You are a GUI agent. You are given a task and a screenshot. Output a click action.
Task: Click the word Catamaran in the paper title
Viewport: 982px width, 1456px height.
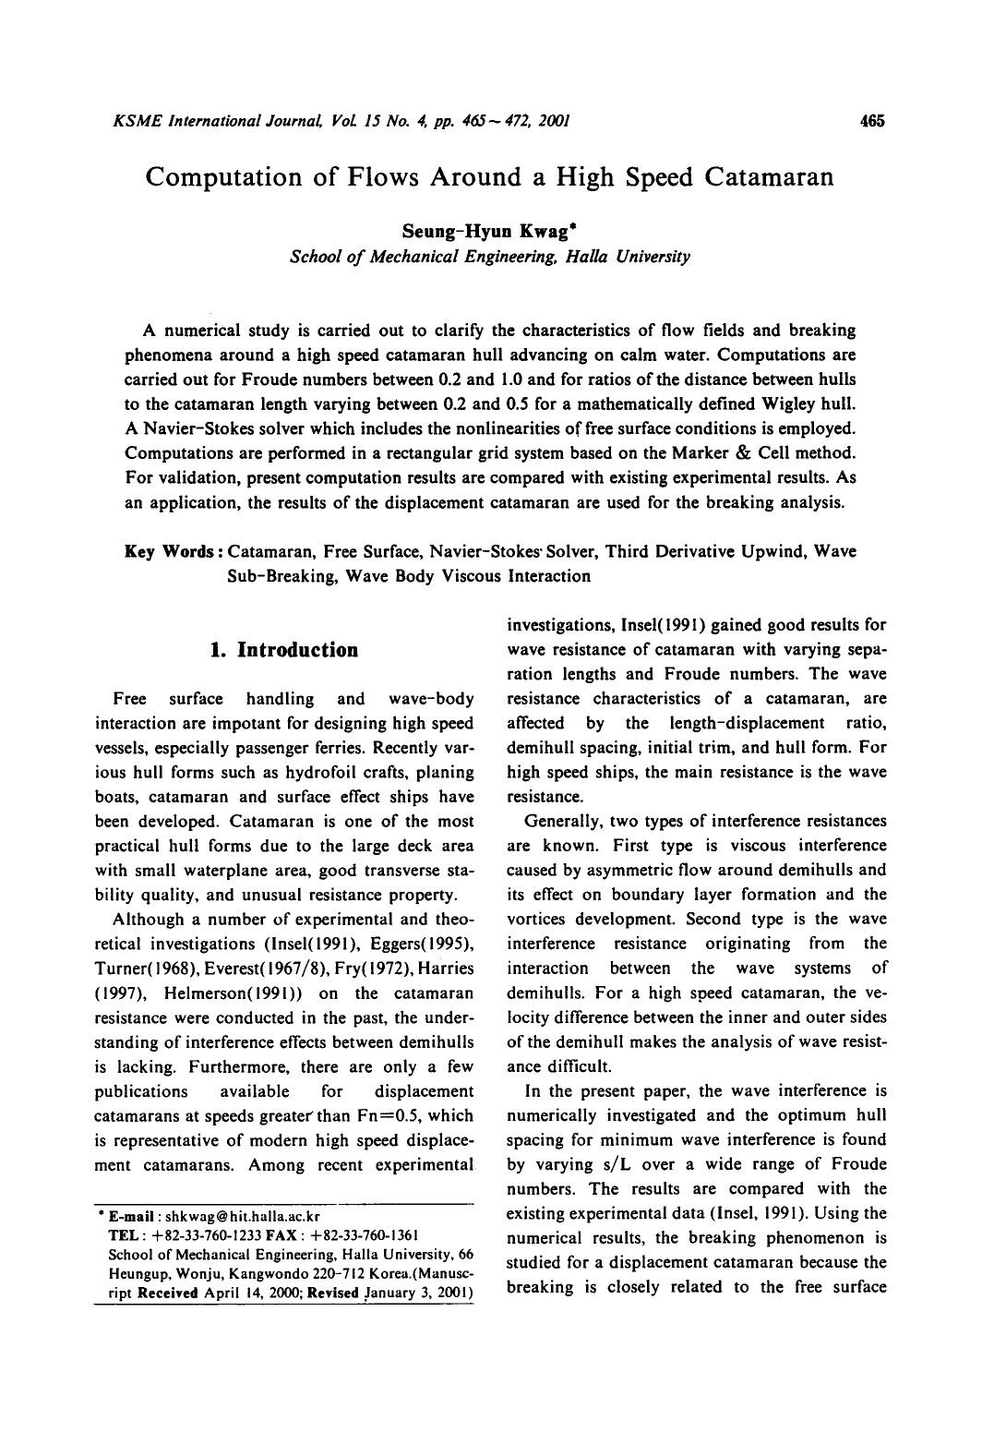(x=769, y=176)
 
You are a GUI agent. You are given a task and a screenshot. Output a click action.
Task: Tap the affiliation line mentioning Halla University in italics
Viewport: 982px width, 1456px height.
(x=489, y=256)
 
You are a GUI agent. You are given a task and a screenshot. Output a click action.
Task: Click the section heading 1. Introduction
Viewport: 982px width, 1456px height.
(x=283, y=650)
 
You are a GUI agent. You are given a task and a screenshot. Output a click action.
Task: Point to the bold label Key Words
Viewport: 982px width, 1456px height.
(x=173, y=551)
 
